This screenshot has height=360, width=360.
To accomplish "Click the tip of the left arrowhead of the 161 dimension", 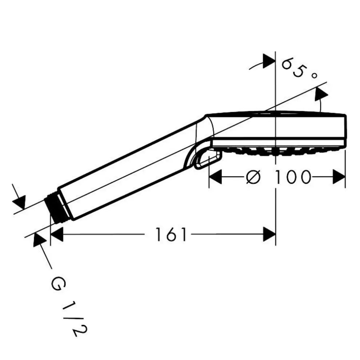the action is (51, 235).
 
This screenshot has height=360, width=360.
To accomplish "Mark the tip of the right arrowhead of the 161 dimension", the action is (276, 235).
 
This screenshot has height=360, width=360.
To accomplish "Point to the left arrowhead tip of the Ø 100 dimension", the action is (209, 177).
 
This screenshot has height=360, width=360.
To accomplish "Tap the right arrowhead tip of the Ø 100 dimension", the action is (345, 177).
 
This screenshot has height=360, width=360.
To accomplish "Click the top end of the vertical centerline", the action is (276, 51).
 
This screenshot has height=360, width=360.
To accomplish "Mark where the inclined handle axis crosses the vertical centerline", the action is (276, 107).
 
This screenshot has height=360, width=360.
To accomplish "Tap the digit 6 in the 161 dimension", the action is (171, 235).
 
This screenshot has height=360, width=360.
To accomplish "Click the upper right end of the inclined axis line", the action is (327, 82).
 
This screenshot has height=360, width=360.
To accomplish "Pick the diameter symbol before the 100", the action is (253, 177).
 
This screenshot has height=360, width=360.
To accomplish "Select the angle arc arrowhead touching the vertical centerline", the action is (269, 61).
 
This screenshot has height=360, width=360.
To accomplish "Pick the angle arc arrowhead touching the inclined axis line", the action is (321, 94).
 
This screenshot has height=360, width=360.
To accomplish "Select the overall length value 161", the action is (171, 235).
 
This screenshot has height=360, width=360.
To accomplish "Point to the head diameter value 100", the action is (292, 177).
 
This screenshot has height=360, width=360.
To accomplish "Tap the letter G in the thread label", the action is (58, 284).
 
